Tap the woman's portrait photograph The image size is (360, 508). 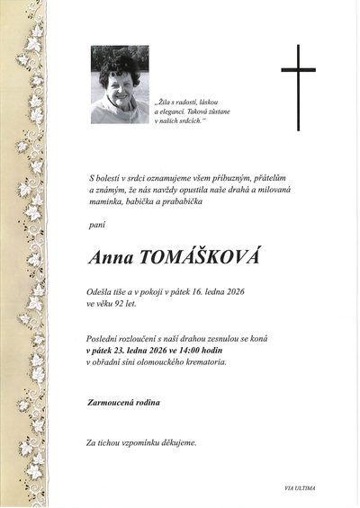coord(120,85)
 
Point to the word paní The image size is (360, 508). coord(95,222)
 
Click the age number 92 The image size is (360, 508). coord(126,304)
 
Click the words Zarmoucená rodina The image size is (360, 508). coord(123,402)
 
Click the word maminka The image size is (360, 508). coord(106,203)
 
